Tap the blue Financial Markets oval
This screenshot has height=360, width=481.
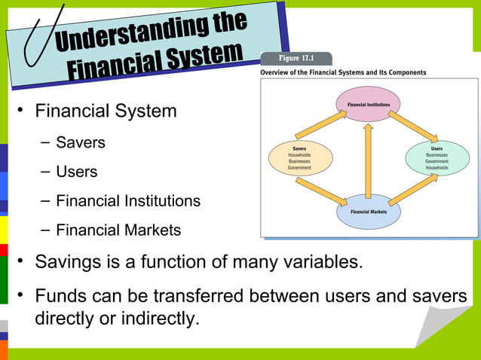[x=368, y=212]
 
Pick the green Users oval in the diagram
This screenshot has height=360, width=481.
[x=437, y=157]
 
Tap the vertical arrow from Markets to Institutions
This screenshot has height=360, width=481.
[x=368, y=158]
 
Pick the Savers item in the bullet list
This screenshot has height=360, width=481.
[x=80, y=142]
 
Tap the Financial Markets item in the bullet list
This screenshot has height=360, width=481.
[x=118, y=230]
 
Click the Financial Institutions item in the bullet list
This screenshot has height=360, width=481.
[x=128, y=201]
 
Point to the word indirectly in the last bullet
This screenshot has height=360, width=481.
[x=158, y=319]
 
